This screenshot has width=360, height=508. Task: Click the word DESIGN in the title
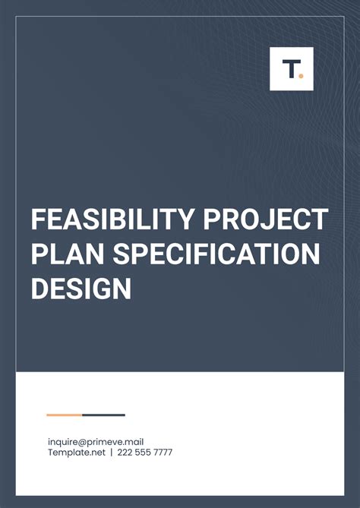[x=81, y=289]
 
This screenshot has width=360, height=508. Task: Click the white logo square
[x=292, y=69]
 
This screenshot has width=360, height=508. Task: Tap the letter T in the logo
[x=289, y=69]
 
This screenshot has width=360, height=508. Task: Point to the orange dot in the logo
[x=301, y=74]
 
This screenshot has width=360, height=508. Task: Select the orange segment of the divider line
[x=64, y=415]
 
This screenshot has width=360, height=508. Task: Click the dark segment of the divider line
[x=103, y=415]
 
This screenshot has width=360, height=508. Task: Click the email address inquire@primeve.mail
[x=96, y=442]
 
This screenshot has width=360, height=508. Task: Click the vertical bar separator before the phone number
[x=111, y=453]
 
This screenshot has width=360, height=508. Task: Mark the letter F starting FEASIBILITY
[x=38, y=220]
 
